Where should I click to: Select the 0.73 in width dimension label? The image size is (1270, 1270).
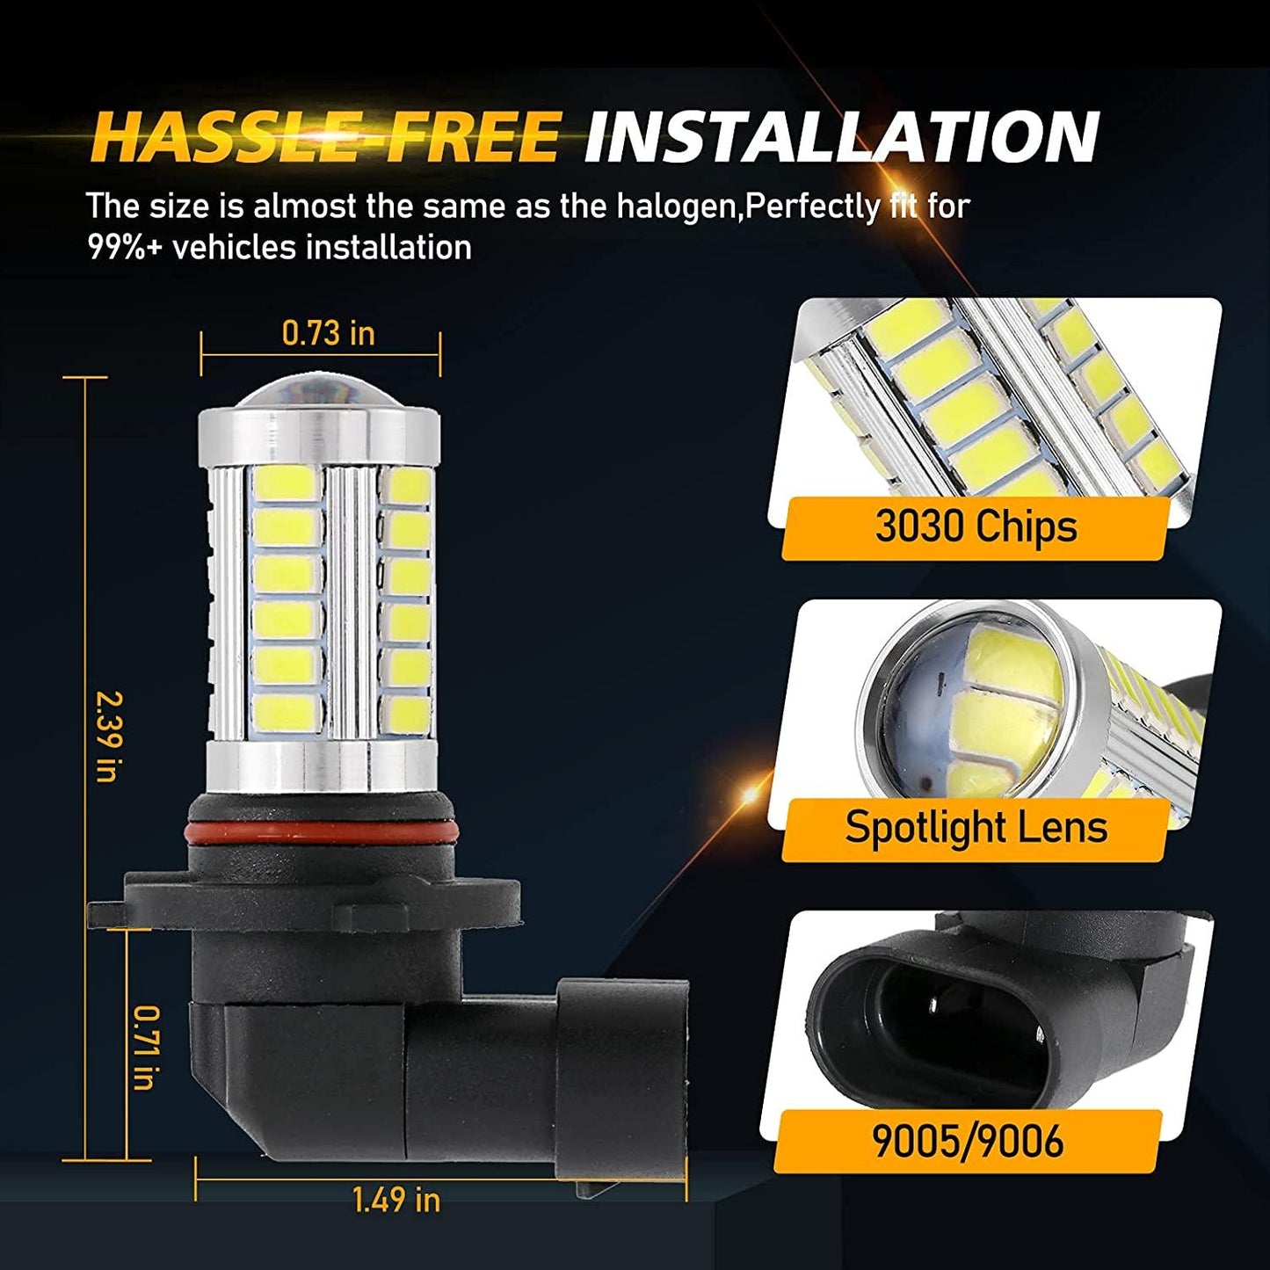coord(328,333)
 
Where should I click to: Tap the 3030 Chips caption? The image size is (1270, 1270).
coord(975,526)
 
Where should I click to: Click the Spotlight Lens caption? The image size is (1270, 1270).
coord(975,827)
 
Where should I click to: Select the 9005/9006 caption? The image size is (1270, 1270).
coord(967,1140)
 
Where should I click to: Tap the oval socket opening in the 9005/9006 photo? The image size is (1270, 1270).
coord(940,1020)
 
